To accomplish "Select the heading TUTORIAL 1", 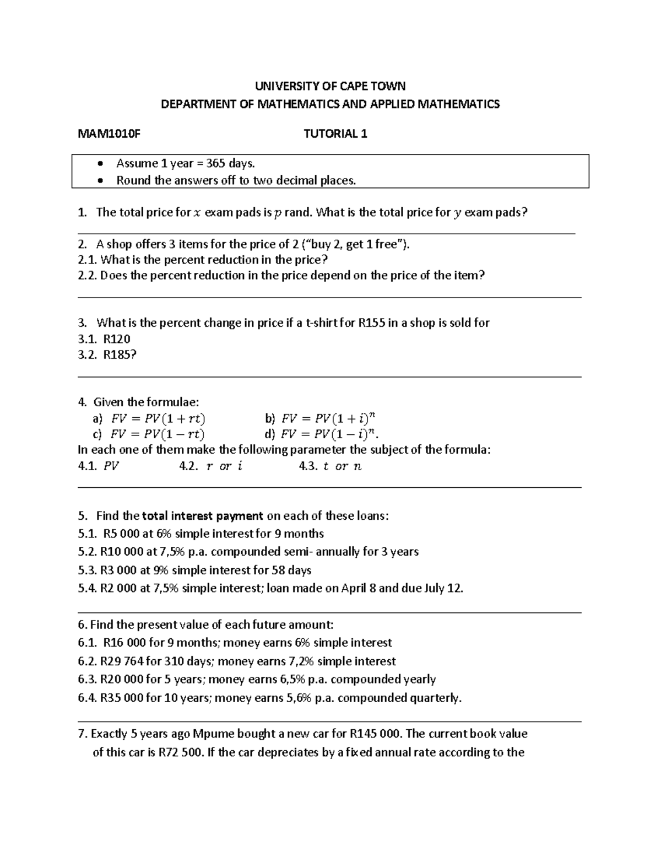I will (x=335, y=134).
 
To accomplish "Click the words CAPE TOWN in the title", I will (x=372, y=86).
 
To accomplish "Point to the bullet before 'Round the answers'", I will (x=100, y=181).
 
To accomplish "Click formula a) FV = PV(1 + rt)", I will (x=158, y=418).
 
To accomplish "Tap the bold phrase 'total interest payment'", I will (x=202, y=516).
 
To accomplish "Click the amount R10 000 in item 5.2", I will (x=118, y=552).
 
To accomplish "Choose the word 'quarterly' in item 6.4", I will (x=433, y=698).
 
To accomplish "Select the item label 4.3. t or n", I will (x=330, y=466).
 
